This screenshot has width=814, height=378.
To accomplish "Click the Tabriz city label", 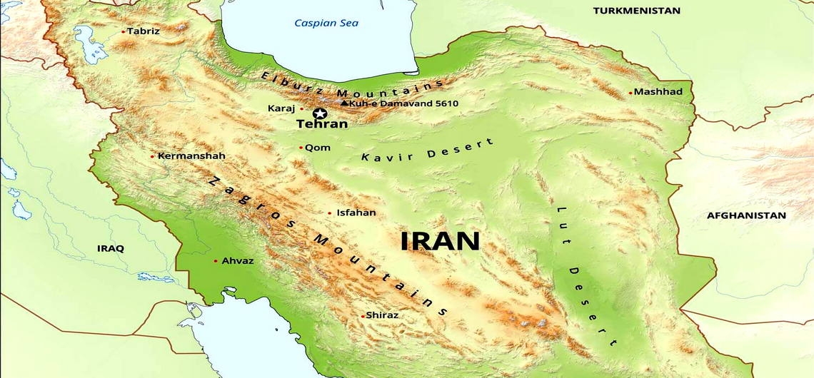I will (144, 31).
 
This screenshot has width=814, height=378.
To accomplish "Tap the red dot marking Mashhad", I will (630, 93).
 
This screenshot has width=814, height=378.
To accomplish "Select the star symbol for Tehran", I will (320, 113).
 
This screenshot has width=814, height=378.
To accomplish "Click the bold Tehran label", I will (322, 124).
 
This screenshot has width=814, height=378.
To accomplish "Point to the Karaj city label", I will (281, 108).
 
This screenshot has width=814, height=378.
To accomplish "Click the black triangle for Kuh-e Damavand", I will (344, 103).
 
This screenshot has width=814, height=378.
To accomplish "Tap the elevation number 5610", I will (446, 103).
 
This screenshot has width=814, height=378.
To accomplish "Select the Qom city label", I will (318, 148).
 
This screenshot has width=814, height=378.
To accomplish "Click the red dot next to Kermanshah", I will (152, 156).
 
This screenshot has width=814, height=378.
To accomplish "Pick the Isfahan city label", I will (356, 213).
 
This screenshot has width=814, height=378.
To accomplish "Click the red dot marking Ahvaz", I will (216, 261).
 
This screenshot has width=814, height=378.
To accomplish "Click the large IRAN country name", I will (440, 241).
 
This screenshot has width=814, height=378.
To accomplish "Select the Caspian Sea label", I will (326, 23).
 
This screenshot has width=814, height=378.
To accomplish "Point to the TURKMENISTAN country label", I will (637, 11).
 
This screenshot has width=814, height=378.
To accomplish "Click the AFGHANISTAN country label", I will (746, 215).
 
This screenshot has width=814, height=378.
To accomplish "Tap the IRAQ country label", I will (111, 248).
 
